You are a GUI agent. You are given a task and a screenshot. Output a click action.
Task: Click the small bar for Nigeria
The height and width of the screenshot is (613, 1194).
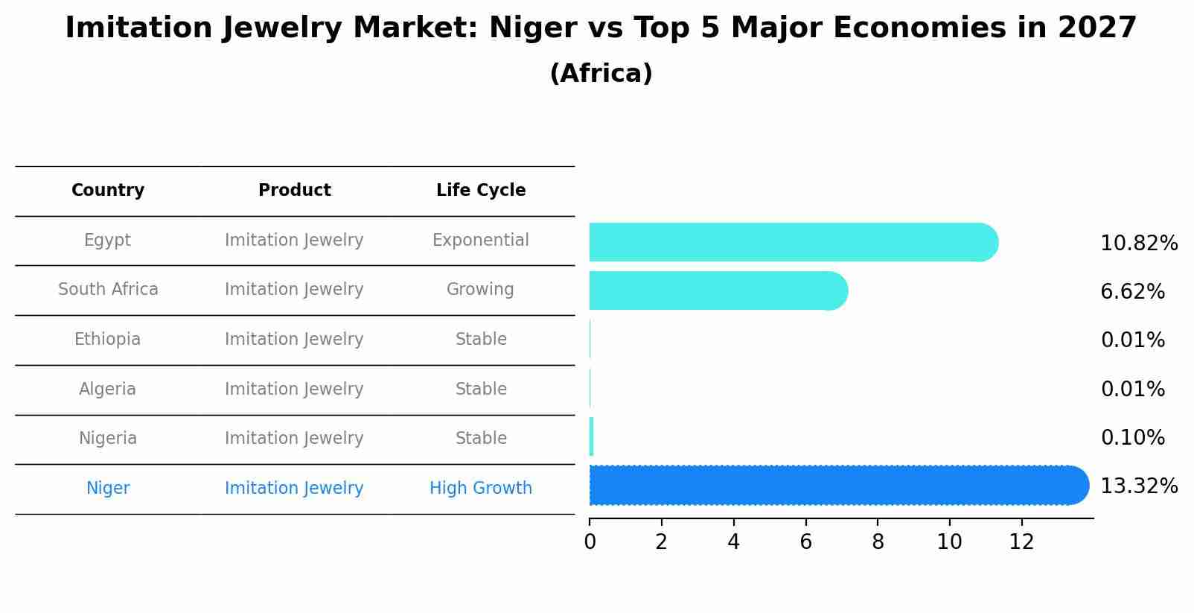[x=591, y=437]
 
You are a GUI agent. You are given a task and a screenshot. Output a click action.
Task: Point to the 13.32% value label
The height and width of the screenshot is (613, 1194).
[x=1138, y=486]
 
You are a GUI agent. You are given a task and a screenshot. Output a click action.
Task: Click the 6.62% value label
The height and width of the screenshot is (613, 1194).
[x=1132, y=292]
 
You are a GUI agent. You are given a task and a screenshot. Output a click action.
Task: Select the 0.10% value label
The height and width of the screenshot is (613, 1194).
[x=1132, y=438]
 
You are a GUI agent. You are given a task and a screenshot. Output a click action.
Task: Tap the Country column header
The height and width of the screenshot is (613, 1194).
[x=108, y=191]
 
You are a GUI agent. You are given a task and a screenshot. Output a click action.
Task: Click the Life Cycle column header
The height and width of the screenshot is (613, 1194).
[x=481, y=191]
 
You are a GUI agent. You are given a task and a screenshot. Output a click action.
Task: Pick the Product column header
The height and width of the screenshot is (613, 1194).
[x=294, y=191]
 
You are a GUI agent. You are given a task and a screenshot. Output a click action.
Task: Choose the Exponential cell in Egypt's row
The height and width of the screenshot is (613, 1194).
[x=480, y=241]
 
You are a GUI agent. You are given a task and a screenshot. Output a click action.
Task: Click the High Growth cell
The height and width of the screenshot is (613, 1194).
[x=480, y=489]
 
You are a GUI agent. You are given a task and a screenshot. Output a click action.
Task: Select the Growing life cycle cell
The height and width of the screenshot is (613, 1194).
[x=480, y=290]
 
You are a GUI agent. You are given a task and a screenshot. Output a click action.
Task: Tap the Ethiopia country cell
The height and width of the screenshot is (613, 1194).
[x=107, y=340]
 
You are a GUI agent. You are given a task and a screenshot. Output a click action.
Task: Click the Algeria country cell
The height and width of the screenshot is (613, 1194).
[x=107, y=390]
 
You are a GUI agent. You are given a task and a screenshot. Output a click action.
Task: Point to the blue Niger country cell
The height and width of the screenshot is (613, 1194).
[x=108, y=489]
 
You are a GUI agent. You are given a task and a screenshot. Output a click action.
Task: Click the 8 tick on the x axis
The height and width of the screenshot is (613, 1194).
[x=878, y=542]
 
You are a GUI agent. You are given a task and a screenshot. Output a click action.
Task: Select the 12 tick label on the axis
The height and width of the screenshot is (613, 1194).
[x=1021, y=542]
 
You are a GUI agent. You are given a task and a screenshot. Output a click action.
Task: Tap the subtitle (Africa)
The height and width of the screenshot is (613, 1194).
[x=601, y=74]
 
